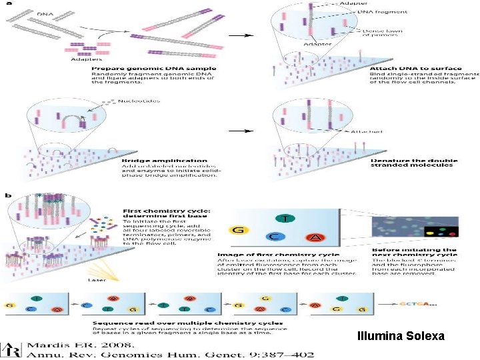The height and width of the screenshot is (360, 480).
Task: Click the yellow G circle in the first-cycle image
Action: [x=238, y=231]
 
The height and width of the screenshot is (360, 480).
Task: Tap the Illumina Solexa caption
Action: [x=400, y=336]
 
